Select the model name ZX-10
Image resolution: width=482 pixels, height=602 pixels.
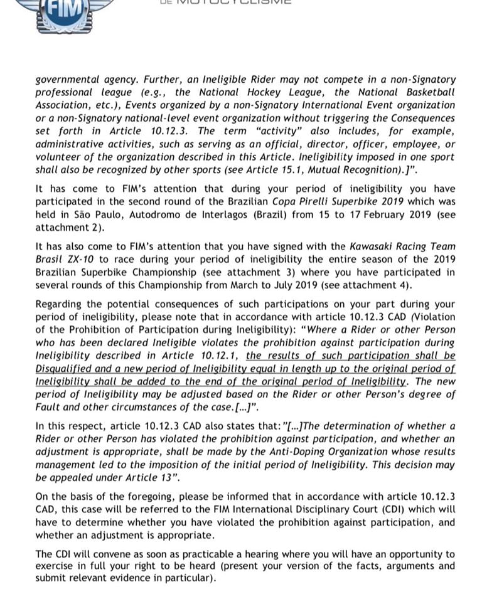click(x=77, y=259)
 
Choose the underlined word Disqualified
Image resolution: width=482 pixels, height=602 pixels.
click(x=65, y=369)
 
